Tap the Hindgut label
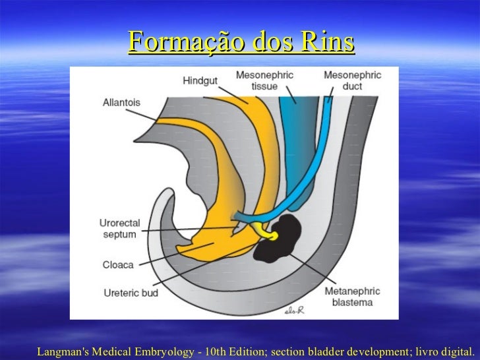point(199,81)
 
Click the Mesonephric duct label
point(352,80)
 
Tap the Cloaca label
point(118,264)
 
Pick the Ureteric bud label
point(131,292)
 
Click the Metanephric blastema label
point(349,297)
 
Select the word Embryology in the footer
point(164,351)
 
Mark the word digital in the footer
point(456,351)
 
